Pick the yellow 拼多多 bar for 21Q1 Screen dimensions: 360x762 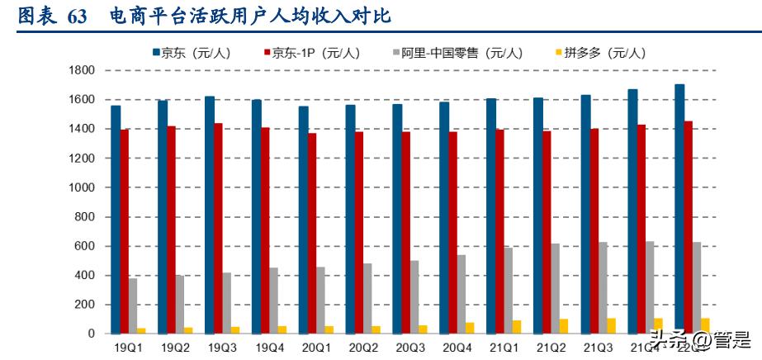click(517, 327)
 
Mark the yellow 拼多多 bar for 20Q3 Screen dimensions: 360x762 click(424, 329)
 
